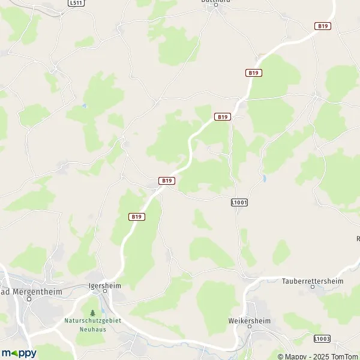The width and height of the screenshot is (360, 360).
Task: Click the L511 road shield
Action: (x=76, y=2)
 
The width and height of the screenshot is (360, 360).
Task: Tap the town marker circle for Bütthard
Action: (x=216, y=5)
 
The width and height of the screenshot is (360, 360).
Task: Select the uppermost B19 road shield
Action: (x=323, y=26)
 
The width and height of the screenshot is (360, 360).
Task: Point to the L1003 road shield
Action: (x=322, y=339)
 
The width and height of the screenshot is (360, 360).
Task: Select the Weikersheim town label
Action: (x=250, y=321)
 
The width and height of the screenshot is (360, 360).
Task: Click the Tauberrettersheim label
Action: (x=312, y=280)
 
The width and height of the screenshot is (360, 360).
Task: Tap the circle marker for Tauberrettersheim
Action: (x=312, y=287)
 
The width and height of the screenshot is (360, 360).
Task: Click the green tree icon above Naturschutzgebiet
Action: (x=92, y=313)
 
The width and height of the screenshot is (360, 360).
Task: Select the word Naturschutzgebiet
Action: (x=92, y=321)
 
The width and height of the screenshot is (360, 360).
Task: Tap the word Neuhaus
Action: (x=92, y=329)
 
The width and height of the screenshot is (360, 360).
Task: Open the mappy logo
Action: (x=19, y=353)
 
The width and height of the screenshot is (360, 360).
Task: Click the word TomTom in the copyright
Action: (x=343, y=356)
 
